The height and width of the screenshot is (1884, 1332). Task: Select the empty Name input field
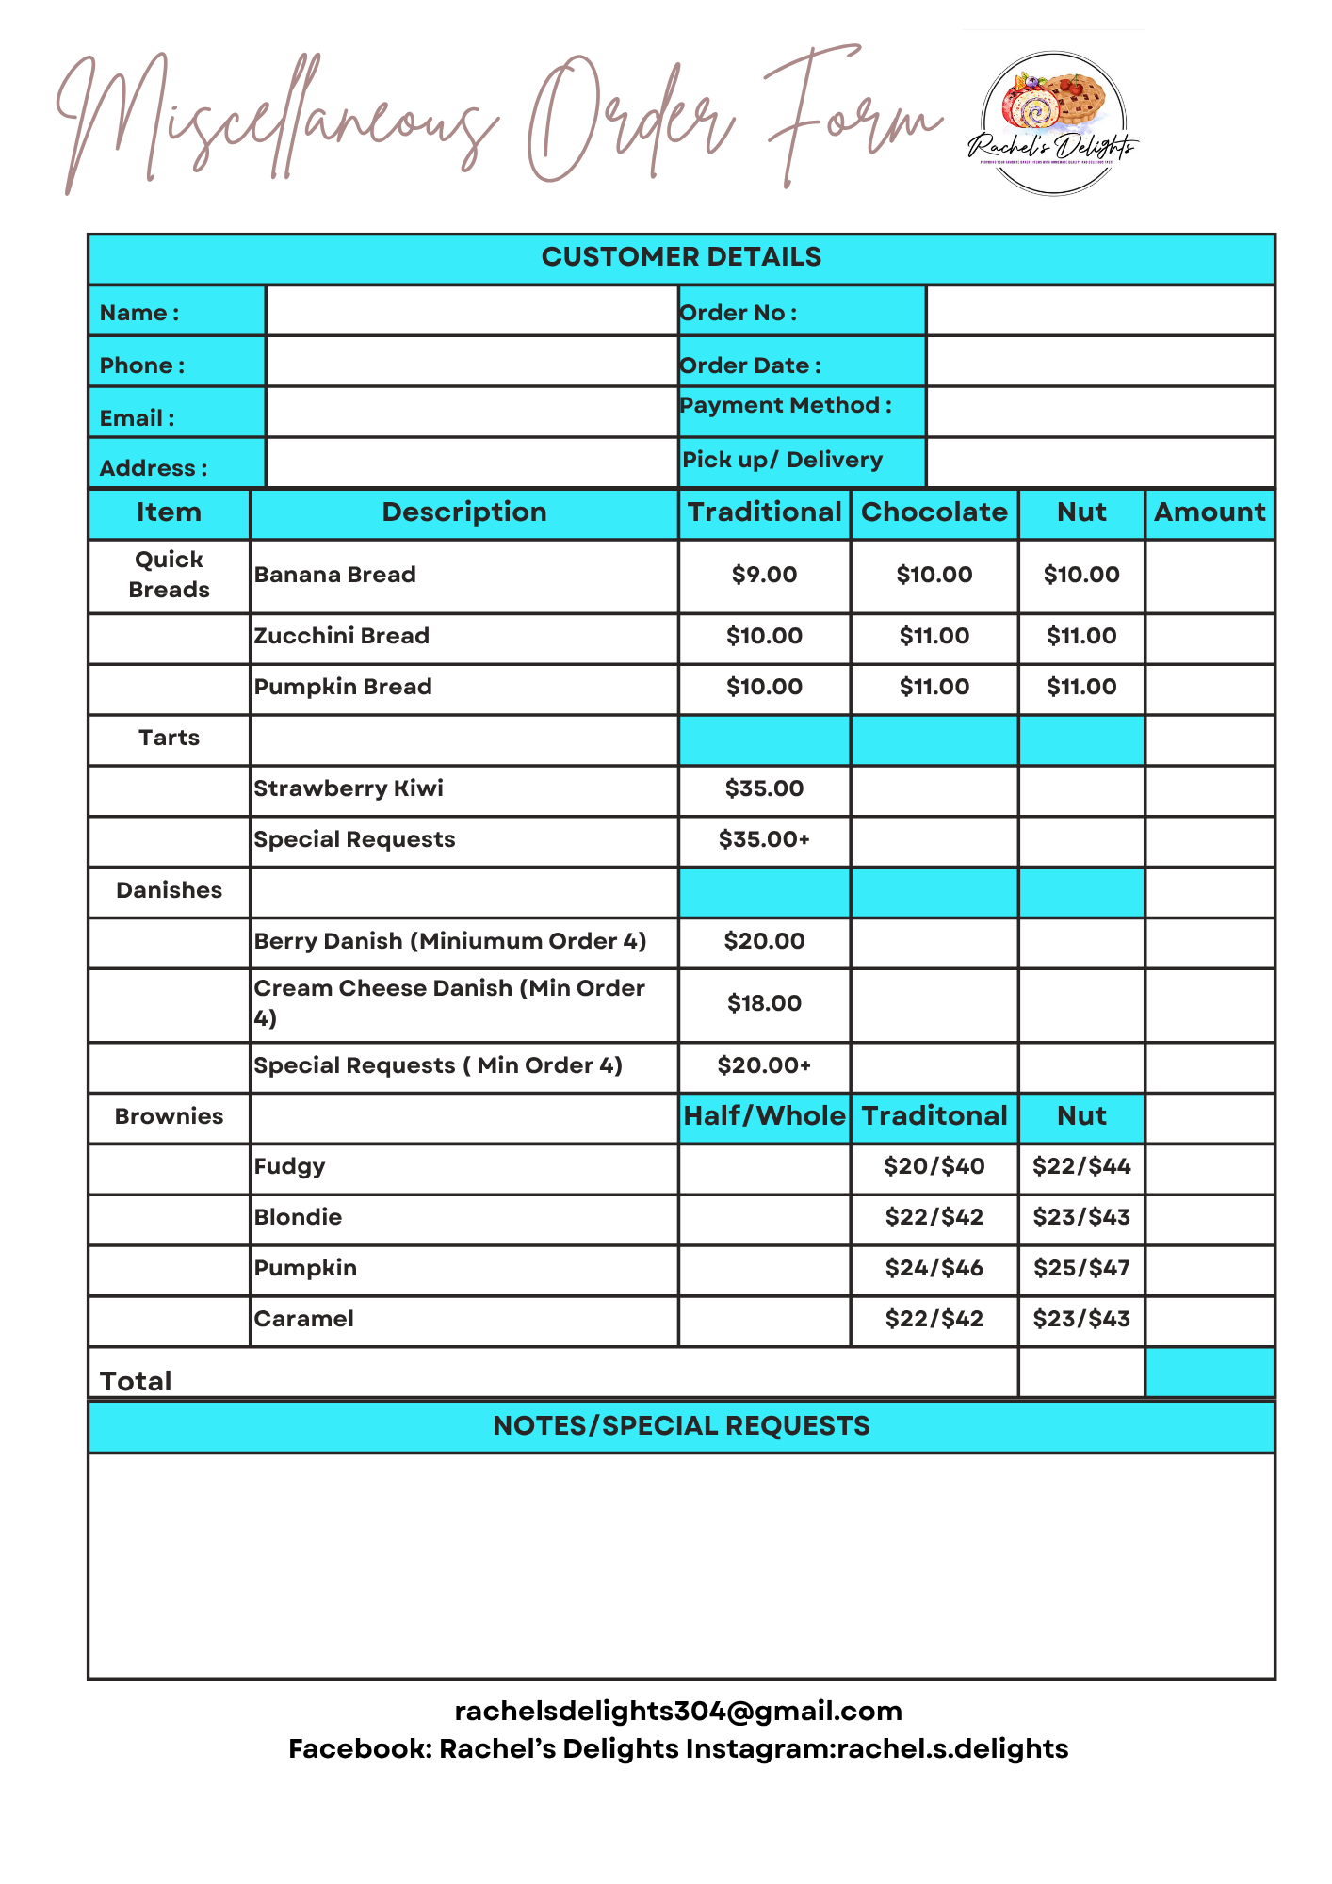tap(471, 311)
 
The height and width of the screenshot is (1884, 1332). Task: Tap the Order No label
tap(739, 313)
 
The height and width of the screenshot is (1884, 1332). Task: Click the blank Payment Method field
tap(1100, 412)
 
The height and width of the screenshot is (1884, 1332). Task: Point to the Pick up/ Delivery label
tap(782, 460)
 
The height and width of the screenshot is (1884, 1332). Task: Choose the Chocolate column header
tap(934, 512)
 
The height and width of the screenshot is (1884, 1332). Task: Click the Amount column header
tap(1210, 512)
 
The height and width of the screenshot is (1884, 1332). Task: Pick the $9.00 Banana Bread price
tap(764, 575)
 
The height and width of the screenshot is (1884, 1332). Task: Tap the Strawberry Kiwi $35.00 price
tap(764, 788)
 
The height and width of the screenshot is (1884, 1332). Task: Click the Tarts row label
tap(169, 738)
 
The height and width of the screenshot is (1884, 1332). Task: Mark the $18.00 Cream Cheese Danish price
tap(764, 1003)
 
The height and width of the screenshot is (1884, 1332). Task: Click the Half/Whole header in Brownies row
tap(764, 1116)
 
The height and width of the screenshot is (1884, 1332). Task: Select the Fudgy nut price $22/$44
tap(1081, 1166)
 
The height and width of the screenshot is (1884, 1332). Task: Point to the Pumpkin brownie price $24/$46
tap(934, 1268)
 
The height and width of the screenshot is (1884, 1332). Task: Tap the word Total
tap(136, 1381)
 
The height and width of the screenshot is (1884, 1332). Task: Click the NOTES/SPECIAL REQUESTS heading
tap(681, 1426)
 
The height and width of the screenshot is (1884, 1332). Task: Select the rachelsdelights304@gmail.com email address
tap(678, 1711)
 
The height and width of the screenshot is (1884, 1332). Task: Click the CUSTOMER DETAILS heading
tap(681, 257)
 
